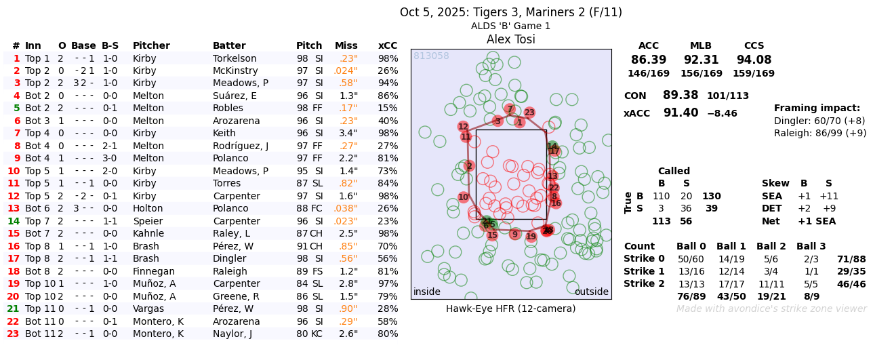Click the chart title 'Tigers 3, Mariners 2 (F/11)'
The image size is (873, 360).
[510, 12]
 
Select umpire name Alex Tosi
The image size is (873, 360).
[510, 39]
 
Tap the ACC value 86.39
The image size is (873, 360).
[648, 60]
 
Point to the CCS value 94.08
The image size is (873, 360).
[754, 60]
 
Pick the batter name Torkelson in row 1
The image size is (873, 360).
[235, 58]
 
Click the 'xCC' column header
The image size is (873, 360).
[388, 45]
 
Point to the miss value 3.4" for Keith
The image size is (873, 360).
[348, 133]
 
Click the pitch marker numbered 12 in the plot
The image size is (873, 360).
[463, 127]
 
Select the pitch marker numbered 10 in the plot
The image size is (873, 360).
[463, 197]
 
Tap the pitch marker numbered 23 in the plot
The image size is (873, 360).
[529, 113]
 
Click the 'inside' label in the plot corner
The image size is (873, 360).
[426, 292]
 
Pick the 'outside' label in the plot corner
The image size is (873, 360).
[591, 292]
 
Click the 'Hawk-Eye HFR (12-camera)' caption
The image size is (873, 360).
[510, 308]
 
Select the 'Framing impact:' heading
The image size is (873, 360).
[817, 108]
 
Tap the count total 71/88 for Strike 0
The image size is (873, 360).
[851, 259]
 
